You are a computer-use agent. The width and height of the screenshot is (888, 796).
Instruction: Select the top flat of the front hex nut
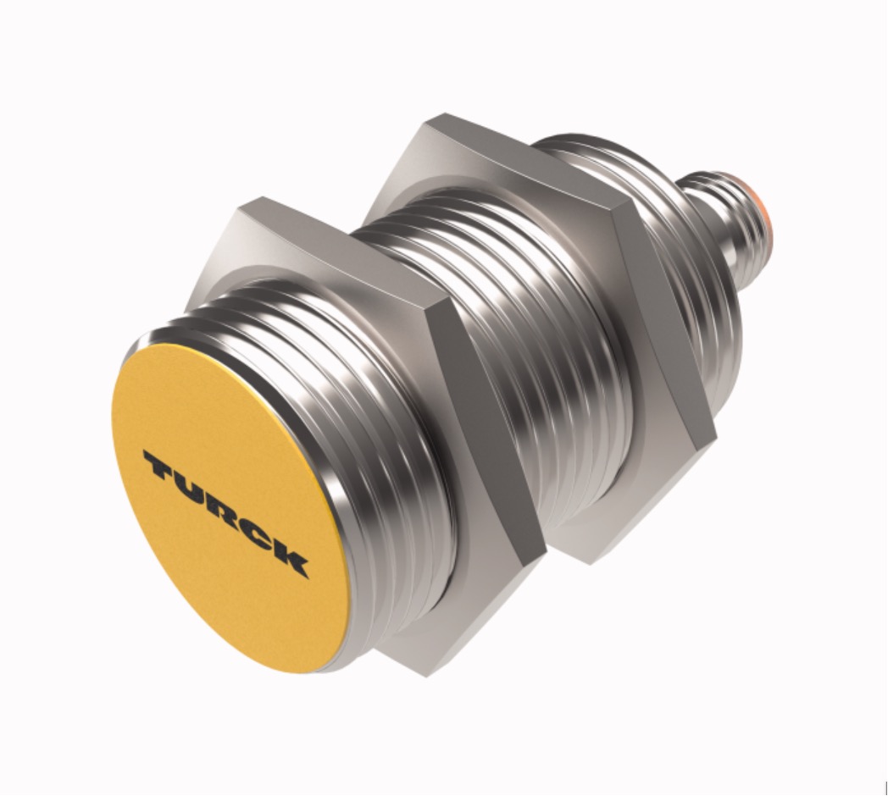(x=339, y=246)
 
